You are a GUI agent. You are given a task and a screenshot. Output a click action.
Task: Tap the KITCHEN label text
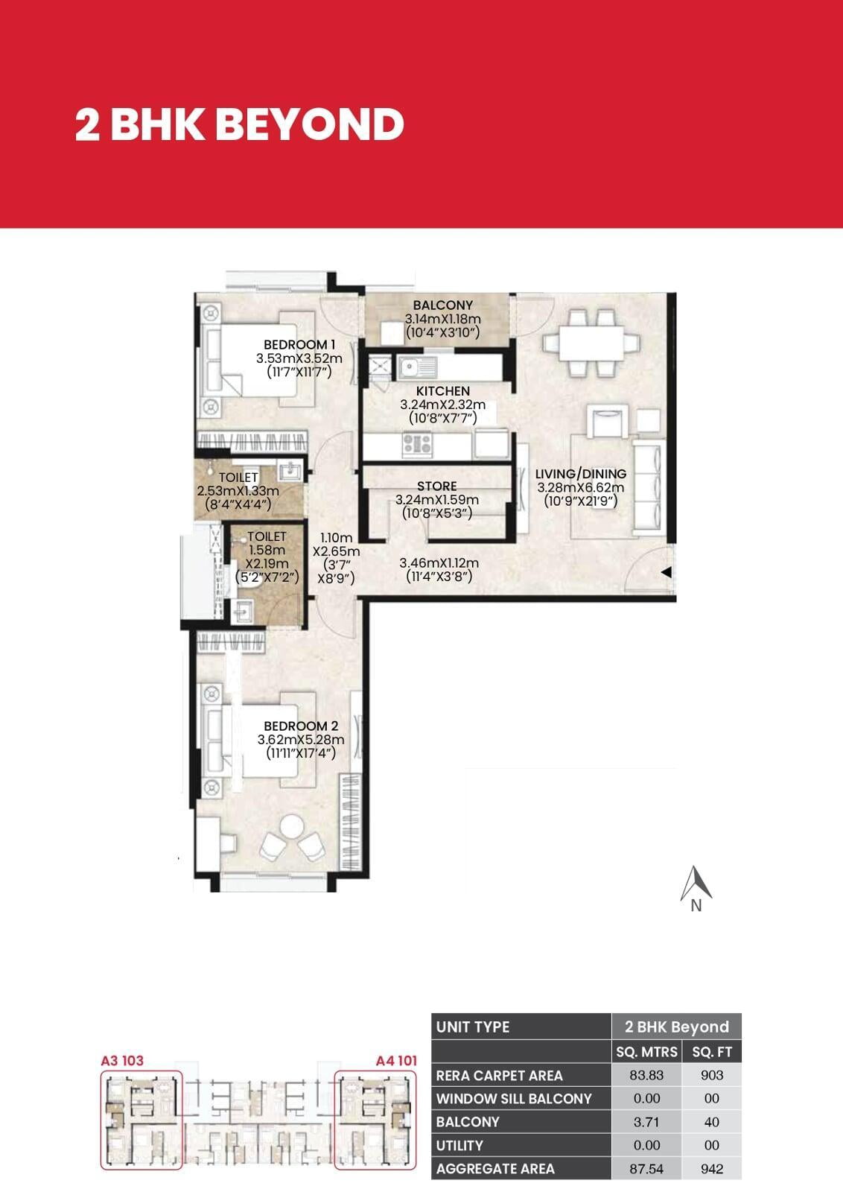click(x=443, y=391)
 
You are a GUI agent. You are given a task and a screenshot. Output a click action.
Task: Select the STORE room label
click(x=436, y=486)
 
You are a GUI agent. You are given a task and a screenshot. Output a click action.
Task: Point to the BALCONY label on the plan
click(x=442, y=305)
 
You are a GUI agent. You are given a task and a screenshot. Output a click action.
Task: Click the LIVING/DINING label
click(x=581, y=474)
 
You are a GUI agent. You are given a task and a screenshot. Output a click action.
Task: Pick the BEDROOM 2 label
click(x=301, y=726)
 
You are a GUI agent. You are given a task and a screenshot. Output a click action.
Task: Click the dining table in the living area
click(x=591, y=343)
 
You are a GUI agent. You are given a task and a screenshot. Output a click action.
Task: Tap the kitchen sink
click(x=417, y=367)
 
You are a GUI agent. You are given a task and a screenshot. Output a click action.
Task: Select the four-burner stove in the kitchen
click(x=417, y=444)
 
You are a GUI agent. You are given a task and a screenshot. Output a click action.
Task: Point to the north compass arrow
click(x=696, y=884)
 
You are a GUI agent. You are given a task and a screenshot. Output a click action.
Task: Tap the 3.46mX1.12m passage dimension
click(x=439, y=562)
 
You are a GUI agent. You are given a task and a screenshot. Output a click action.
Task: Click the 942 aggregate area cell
click(x=712, y=1169)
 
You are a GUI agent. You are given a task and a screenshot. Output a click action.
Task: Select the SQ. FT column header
click(x=712, y=1051)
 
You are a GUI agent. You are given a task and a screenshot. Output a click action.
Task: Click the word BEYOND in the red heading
click(x=310, y=124)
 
